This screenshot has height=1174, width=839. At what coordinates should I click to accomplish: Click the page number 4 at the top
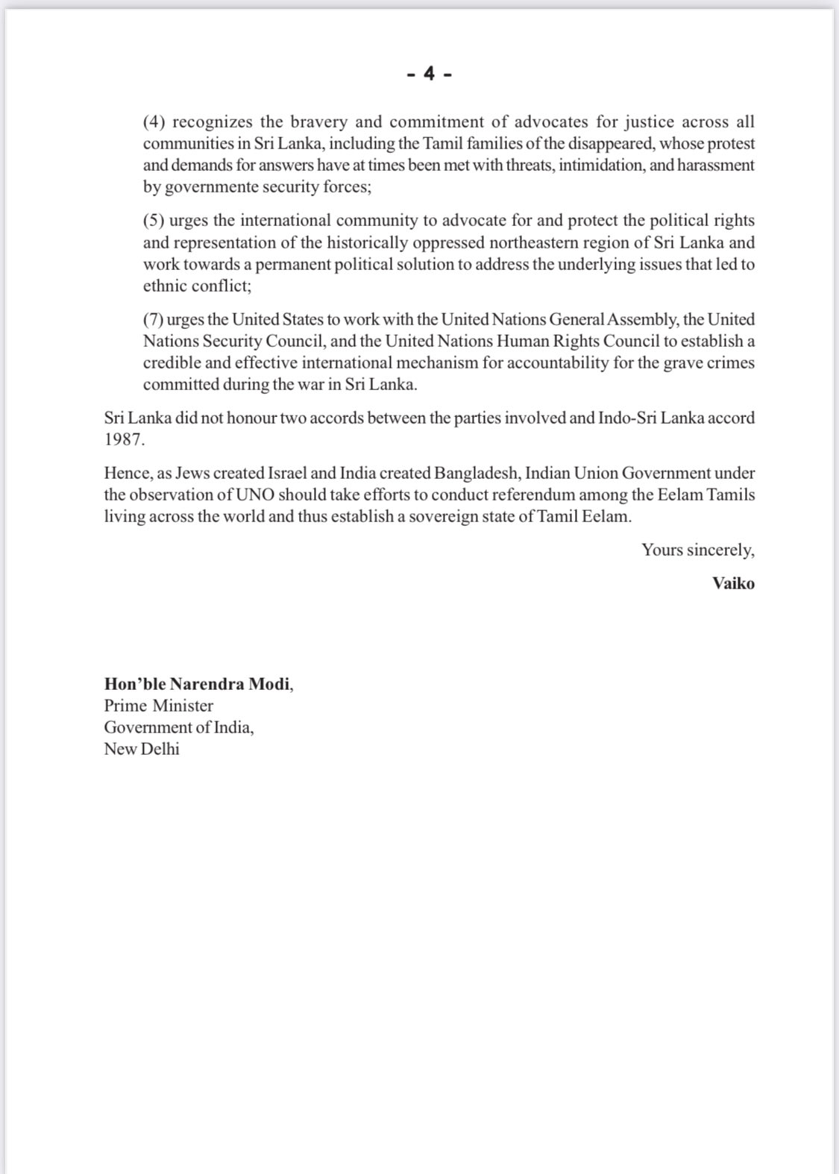pos(429,73)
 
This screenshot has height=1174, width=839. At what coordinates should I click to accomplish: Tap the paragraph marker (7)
pos(153,319)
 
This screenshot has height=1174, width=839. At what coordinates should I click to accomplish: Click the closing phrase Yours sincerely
pos(697,550)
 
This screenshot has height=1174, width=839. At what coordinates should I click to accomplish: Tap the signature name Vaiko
pos(733,583)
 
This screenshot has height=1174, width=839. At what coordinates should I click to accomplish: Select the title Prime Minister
pos(158,706)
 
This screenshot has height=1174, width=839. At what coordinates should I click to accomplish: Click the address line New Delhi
pos(142,749)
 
